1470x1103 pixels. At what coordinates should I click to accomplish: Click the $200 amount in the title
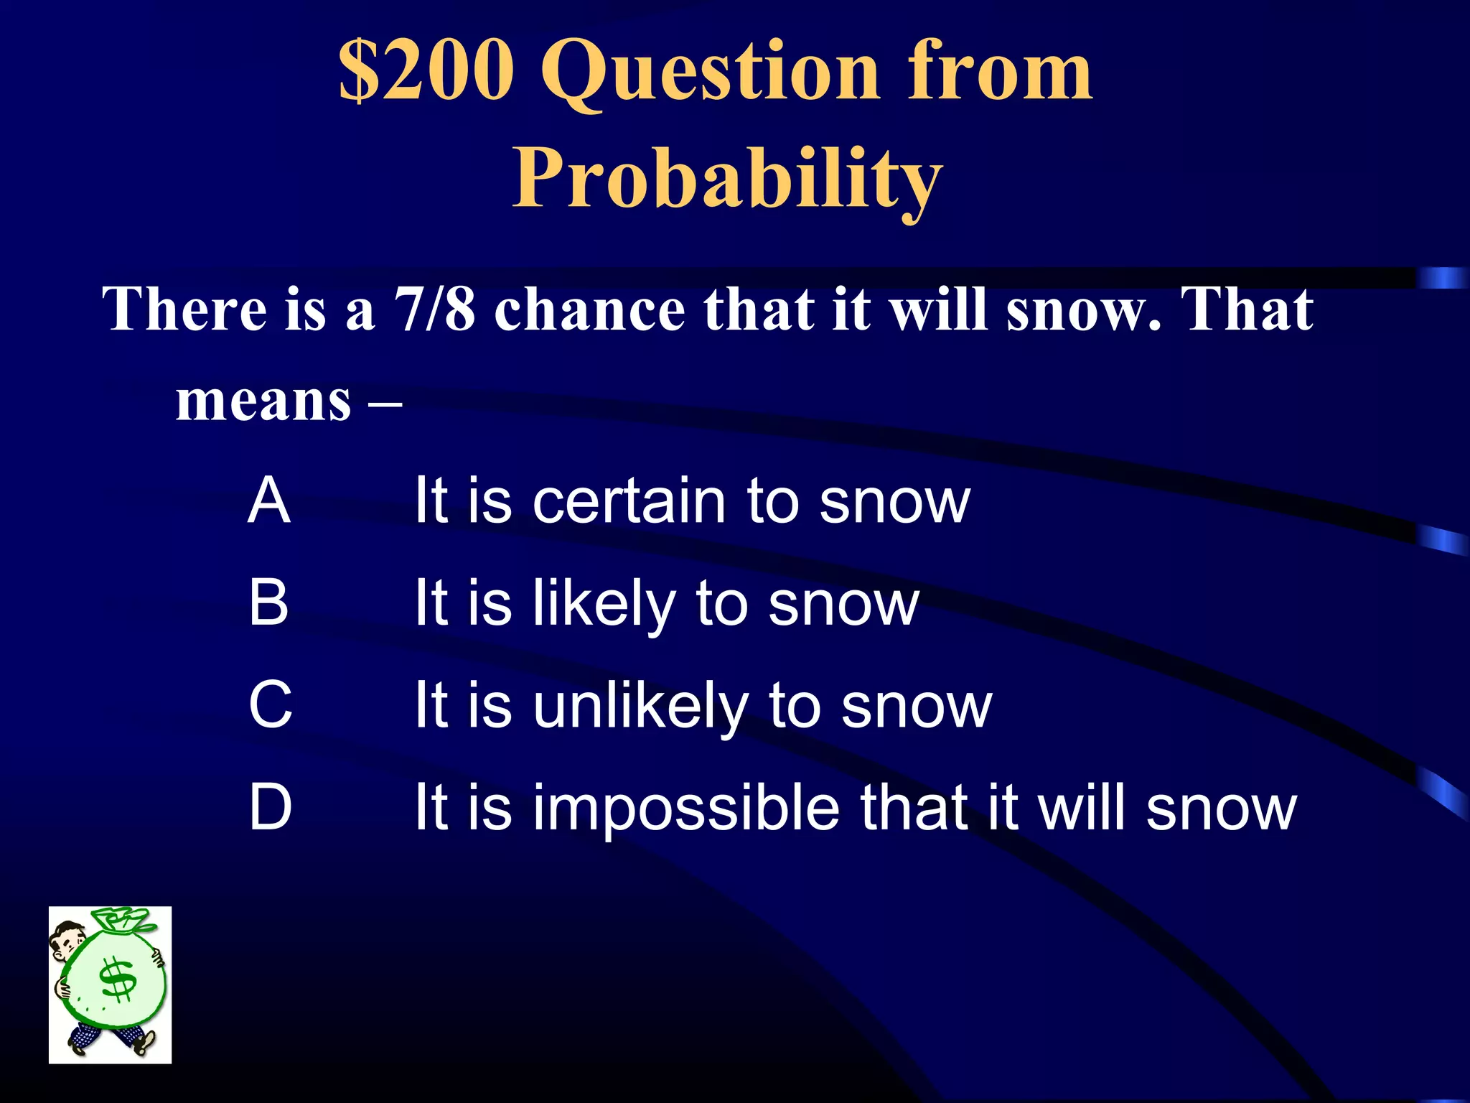coord(426,70)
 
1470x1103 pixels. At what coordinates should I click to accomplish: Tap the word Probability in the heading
coord(726,178)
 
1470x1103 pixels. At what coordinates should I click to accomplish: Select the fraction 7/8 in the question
coord(434,310)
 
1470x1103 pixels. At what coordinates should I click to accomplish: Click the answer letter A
coord(269,501)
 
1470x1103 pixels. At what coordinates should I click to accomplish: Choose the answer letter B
coord(269,602)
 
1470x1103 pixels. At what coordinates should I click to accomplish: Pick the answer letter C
coord(271,705)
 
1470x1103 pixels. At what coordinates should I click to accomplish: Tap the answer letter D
coord(271,807)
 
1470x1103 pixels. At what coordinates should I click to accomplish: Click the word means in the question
coord(263,400)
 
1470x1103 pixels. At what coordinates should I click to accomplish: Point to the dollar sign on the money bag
coord(118,979)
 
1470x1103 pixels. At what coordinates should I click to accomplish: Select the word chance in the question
coord(589,310)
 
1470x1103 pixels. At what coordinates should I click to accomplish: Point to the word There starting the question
coord(185,310)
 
